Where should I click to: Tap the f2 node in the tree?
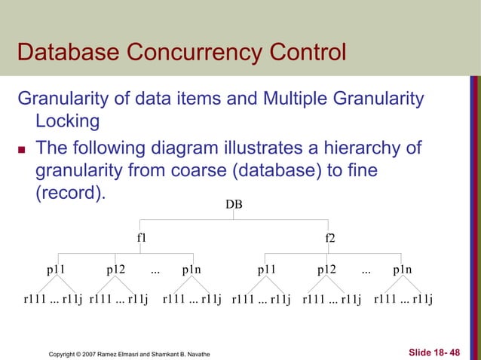coord(329,237)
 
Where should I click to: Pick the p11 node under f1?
coord(57,268)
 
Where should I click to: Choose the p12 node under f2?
coord(326,268)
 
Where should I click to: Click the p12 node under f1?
coord(116,268)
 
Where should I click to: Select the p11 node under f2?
coord(267,268)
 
